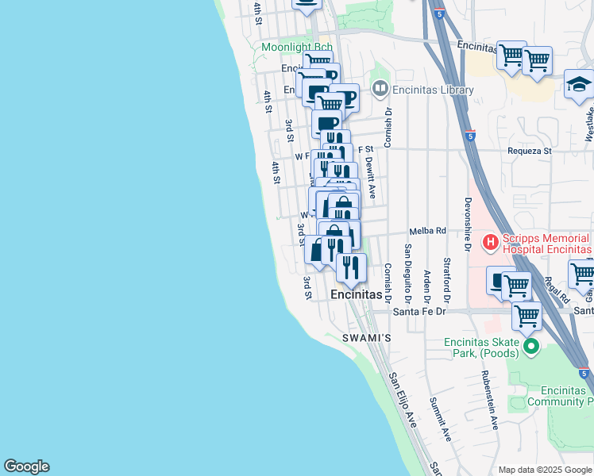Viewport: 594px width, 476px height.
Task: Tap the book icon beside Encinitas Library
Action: coord(381,90)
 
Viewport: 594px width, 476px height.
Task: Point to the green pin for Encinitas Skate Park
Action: coord(532,347)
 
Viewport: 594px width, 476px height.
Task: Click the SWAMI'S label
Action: coord(367,339)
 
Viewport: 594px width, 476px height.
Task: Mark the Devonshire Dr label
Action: coord(469,225)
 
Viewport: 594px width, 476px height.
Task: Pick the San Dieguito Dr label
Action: coord(407,274)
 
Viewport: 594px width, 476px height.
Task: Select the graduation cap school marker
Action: coord(579,84)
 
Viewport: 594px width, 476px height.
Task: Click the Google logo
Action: coord(26,466)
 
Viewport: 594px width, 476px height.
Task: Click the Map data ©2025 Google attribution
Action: coord(544,470)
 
